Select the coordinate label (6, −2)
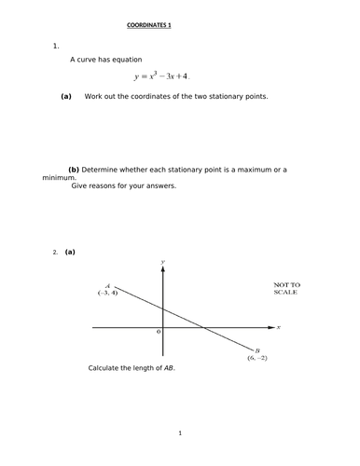pos(258,358)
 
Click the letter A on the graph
pos(109,285)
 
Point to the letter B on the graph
pos(256,349)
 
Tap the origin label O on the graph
pos(159,332)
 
